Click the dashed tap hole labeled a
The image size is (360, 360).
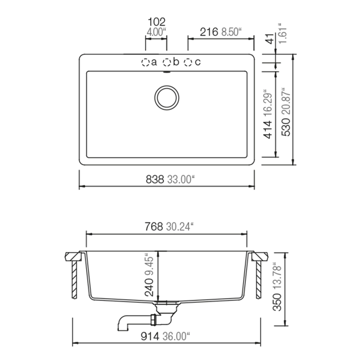coord(145,62)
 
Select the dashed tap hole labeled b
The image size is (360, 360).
coord(166,62)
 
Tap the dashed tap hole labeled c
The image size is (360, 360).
coord(188,62)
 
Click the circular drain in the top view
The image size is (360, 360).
coord(167,98)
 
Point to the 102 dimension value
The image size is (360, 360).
coord(156,22)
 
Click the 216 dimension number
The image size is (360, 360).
coord(209,32)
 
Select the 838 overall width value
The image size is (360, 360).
coord(155,179)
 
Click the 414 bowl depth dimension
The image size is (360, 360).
coord(268,130)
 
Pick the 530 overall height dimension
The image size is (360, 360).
coord(287,127)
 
